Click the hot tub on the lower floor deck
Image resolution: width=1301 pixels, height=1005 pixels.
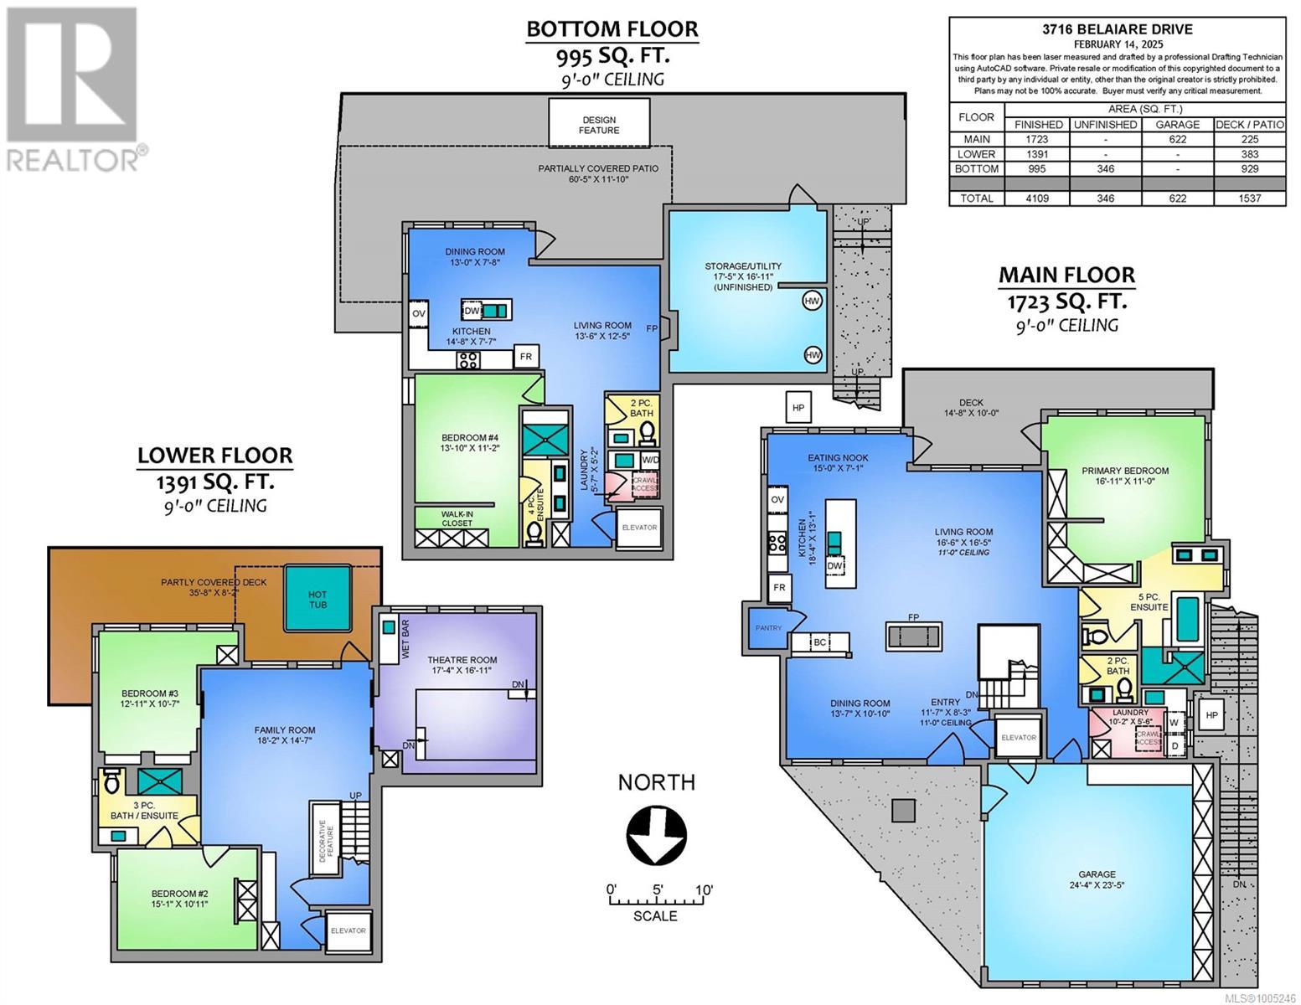tap(318, 598)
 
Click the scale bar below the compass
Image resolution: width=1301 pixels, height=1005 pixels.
tap(656, 902)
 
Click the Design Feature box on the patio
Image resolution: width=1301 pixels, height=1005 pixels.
tap(599, 125)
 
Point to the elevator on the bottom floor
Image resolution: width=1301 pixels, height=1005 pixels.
tap(639, 528)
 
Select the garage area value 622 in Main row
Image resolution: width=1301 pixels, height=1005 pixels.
tap(1177, 139)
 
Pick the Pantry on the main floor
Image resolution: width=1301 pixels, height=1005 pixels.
tap(768, 628)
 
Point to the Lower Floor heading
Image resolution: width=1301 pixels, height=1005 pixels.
tap(214, 456)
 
